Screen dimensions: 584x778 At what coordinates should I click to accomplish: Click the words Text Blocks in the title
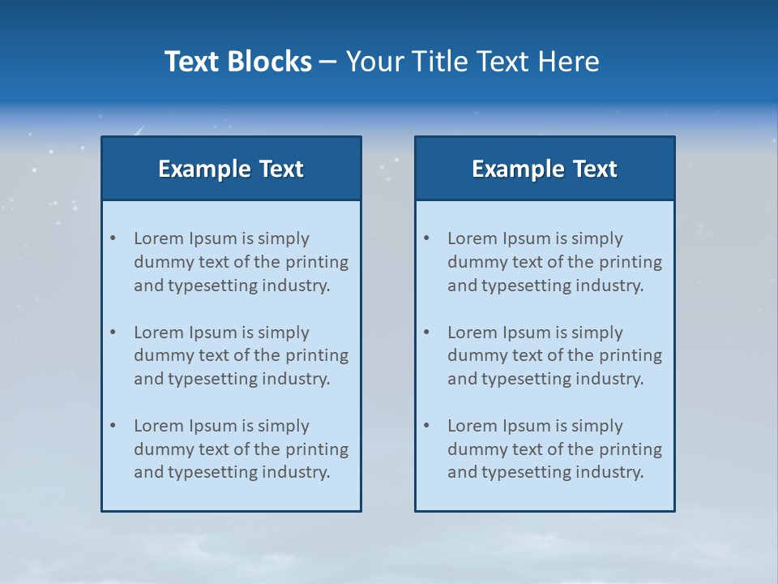coord(237,62)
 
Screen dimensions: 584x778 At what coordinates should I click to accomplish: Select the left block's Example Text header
coord(231,169)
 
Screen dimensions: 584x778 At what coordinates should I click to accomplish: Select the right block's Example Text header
coord(545,169)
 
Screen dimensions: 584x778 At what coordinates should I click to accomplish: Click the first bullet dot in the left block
coord(113,238)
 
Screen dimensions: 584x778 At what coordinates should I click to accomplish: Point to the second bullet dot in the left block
coord(113,333)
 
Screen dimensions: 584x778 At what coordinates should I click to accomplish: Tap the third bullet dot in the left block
coord(113,426)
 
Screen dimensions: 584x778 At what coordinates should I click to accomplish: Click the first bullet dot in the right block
coord(426,238)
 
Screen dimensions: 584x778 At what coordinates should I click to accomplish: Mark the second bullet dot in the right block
coord(426,333)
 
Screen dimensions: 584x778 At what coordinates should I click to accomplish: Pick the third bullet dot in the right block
coord(426,426)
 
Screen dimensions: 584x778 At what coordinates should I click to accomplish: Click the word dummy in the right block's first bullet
coord(474,262)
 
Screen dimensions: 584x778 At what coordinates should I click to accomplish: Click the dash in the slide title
coord(329,62)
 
